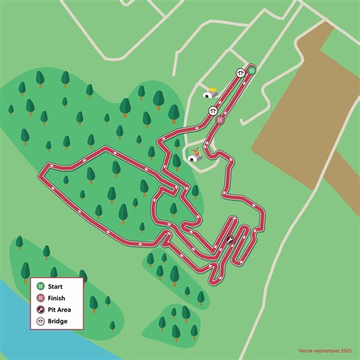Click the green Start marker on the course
point(253,70)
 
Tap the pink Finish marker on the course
point(220,120)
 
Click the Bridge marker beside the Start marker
point(240,72)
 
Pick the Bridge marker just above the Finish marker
point(213,110)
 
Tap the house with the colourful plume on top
point(196,155)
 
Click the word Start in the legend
point(57,286)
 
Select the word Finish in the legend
point(57,298)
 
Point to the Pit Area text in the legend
point(61,309)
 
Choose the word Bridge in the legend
point(58,321)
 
